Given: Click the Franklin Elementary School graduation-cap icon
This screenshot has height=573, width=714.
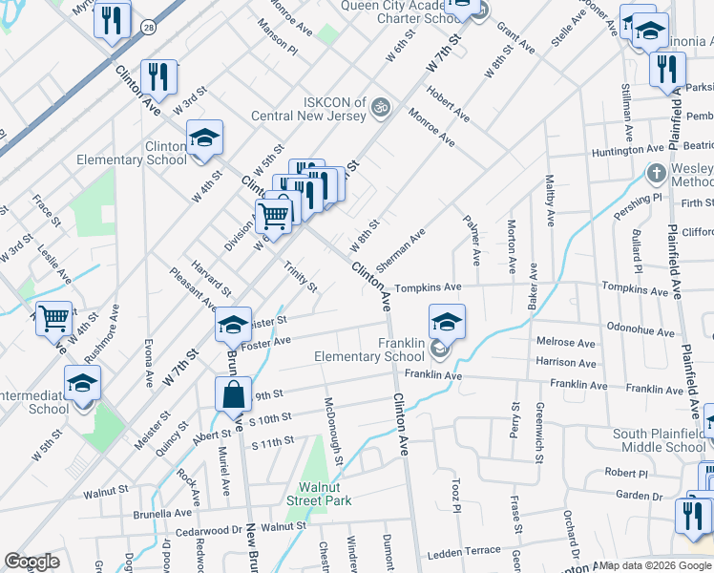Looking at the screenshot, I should click(x=447, y=321).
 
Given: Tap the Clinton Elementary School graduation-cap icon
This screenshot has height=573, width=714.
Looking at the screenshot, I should click(x=204, y=138).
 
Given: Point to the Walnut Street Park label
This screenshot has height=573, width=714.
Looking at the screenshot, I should click(x=319, y=494).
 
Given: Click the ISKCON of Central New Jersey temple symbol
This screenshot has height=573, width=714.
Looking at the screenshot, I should click(x=381, y=105).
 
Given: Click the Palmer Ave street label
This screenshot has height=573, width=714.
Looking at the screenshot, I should click(x=472, y=240).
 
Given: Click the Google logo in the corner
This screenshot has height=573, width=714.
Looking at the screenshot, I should click(x=31, y=562).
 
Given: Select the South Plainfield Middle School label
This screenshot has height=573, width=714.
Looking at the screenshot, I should click(x=658, y=440).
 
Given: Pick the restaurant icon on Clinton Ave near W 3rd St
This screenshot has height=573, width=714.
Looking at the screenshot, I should click(x=158, y=78).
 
